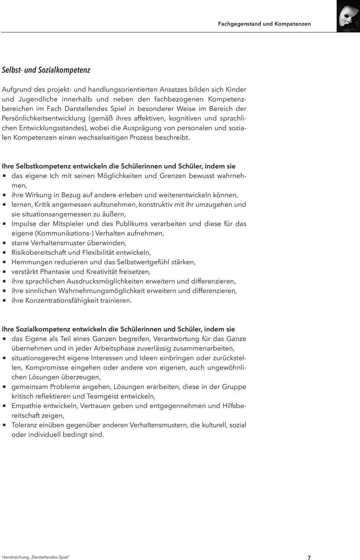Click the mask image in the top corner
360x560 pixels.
tap(348, 16)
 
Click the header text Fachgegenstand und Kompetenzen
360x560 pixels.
tap(264, 24)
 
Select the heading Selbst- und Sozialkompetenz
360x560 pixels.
tap(46, 70)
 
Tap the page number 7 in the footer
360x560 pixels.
tap(309, 557)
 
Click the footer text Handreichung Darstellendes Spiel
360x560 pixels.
tap(36, 557)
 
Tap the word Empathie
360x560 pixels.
tap(26, 406)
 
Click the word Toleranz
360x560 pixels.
tap(26, 425)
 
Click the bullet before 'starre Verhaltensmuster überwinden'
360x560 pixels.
tap(4, 243)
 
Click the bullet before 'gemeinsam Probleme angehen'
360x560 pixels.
tap(4, 387)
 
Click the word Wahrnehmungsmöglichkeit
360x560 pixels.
tap(101, 291)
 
